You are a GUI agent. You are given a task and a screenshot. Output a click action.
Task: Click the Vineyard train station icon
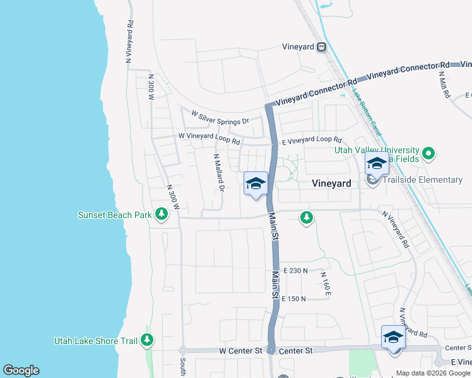coord(322,47)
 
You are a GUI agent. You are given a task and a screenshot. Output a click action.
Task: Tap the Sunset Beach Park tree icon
coord(162,215)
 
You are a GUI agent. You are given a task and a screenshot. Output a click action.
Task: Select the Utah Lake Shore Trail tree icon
coord(147,341)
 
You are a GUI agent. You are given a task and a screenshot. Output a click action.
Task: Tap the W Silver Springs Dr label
coord(220,117)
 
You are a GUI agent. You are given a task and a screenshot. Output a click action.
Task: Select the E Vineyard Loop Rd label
coord(311,140)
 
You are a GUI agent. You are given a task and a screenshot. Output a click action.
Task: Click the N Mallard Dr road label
coord(218,172)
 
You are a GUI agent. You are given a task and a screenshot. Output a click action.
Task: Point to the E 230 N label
coord(295,270)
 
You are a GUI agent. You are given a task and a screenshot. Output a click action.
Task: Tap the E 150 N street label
coord(294,299)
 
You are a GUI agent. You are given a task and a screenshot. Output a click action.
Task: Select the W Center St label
coord(240,350)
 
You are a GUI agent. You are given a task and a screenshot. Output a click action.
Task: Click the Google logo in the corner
coord(21,370)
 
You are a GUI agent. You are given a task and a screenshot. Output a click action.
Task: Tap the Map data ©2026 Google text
coord(432,373)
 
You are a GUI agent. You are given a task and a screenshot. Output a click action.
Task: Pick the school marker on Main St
coord(256,184)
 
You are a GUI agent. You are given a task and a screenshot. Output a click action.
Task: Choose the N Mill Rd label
coord(444,83)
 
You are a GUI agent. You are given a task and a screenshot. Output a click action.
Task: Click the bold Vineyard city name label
coord(332,183)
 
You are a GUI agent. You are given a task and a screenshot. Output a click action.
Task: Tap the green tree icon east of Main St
coord(307,217)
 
